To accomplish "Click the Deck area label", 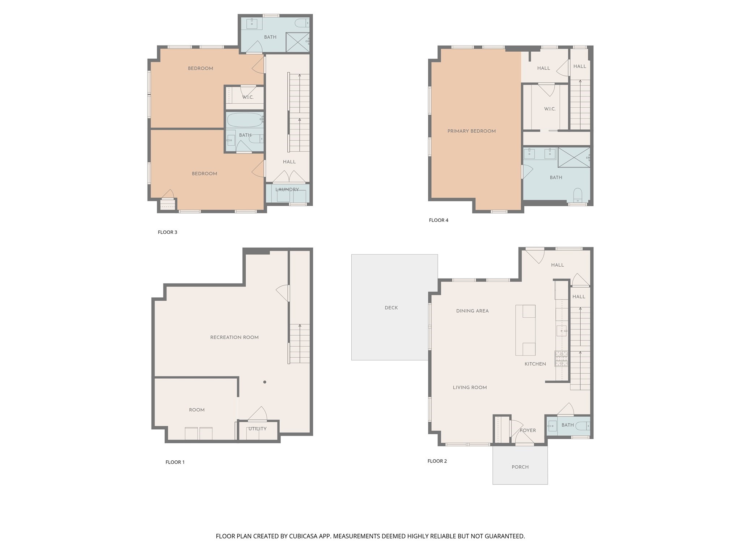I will [391, 308].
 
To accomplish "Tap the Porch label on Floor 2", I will [520, 467].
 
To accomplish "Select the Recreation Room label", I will [234, 337].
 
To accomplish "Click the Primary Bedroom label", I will [471, 131].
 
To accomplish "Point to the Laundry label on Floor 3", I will [287, 190].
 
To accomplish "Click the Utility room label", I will [257, 429].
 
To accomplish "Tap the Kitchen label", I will [535, 364].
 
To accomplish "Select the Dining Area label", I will [472, 311].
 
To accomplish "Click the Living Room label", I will [470, 387].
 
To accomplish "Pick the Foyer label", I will [528, 430].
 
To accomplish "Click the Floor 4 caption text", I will [439, 220].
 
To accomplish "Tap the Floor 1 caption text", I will [175, 462].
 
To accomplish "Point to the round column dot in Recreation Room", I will [265, 382].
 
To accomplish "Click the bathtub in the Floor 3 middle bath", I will [245, 120].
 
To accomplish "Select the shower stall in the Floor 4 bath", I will [573, 157].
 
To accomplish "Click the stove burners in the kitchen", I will [561, 358].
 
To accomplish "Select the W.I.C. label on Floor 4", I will [550, 109].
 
